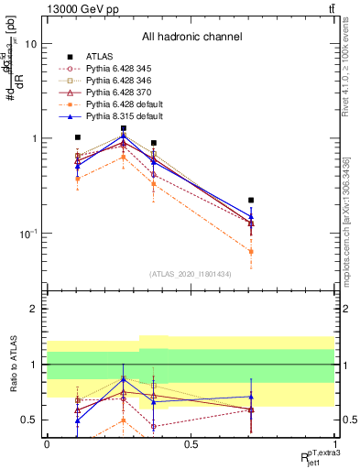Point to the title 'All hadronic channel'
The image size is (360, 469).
pos(191,38)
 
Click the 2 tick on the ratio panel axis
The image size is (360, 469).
pos(36,309)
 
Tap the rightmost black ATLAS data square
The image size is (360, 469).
pos(251,200)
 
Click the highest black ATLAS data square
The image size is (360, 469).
pos(124,128)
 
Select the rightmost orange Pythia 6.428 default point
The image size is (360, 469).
pos(251,251)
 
